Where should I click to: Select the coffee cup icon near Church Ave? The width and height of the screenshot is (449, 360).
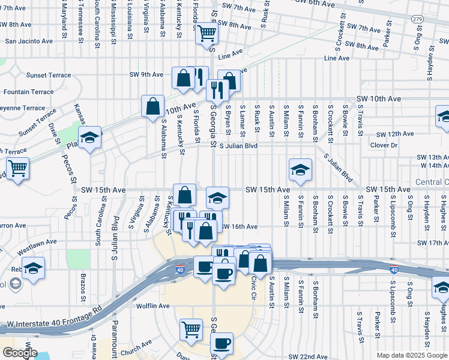click(x=222, y=344)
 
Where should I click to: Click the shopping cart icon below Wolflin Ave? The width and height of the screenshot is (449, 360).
click(x=191, y=329)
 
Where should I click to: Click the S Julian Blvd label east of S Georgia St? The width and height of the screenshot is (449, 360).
click(x=238, y=146)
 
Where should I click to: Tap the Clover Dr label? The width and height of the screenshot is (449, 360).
click(x=384, y=145)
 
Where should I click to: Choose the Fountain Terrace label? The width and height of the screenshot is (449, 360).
click(x=28, y=92)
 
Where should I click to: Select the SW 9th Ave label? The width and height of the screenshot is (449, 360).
click(x=146, y=75)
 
